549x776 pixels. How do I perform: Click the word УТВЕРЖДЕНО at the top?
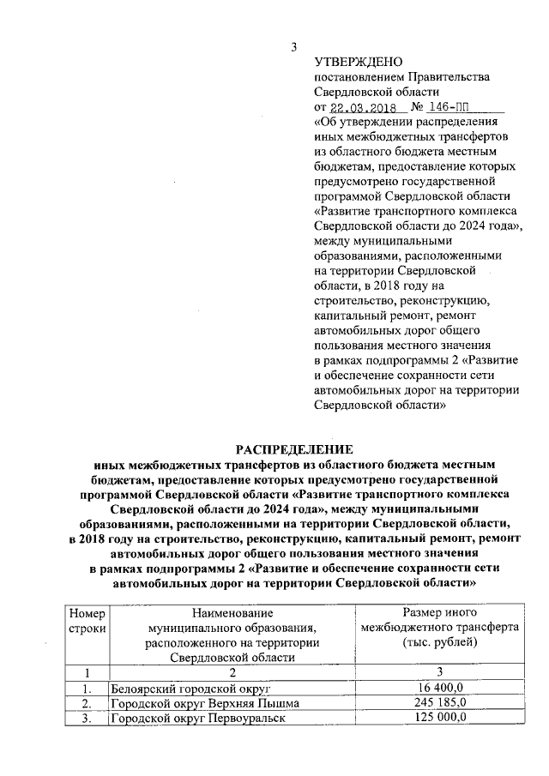click(358, 61)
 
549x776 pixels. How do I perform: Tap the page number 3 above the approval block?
click(294, 46)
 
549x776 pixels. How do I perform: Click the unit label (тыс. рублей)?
click(438, 642)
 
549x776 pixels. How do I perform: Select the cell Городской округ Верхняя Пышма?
click(204, 704)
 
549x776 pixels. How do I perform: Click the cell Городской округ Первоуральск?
click(196, 719)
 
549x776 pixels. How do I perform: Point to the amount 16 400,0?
click(438, 689)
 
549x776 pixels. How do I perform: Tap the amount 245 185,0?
click(438, 703)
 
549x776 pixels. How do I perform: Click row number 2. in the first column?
click(86, 704)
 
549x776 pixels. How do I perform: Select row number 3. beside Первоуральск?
click(86, 719)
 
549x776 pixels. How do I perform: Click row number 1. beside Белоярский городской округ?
click(86, 689)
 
